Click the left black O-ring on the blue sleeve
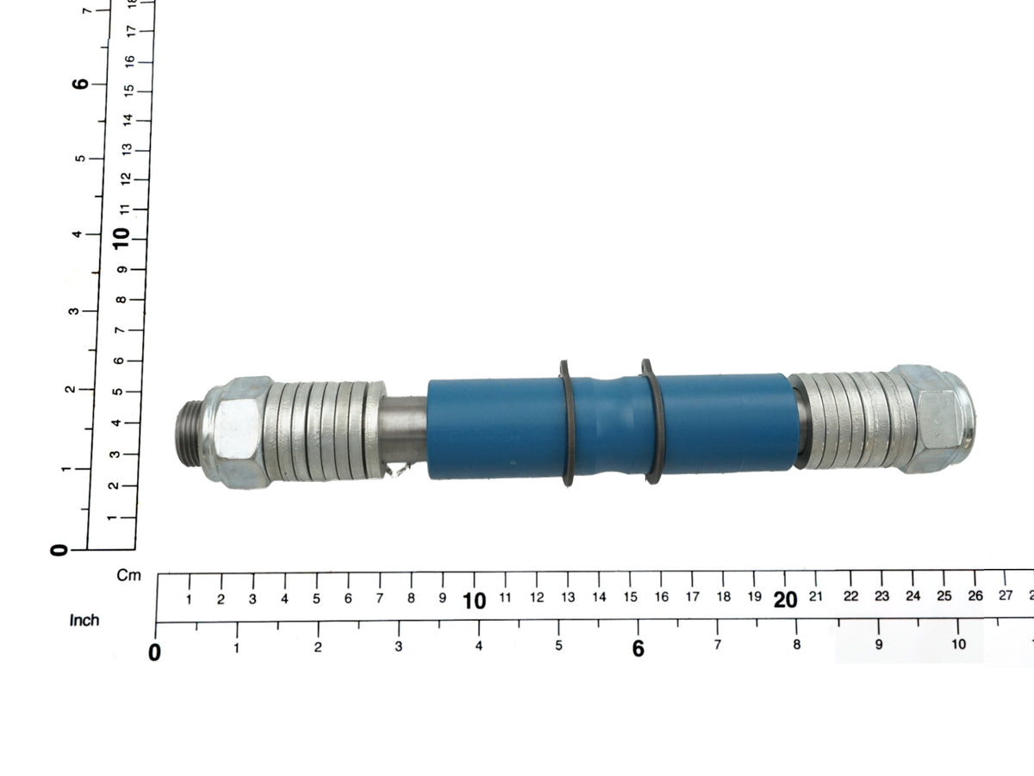click(567, 423)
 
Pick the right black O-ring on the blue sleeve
click(652, 422)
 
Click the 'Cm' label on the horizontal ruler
click(128, 575)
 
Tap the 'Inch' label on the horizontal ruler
click(84, 621)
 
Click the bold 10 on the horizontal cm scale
click(474, 601)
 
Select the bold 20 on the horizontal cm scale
click(785, 600)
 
